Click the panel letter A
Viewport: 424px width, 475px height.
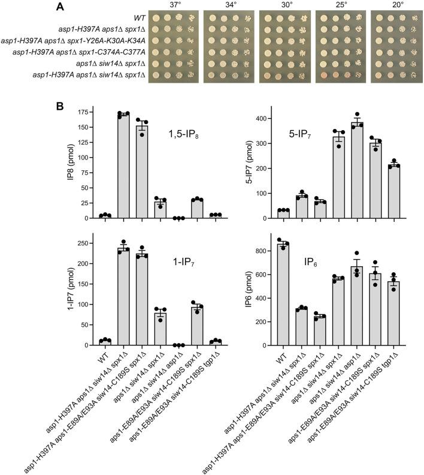click(60, 7)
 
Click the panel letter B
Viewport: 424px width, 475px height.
click(60, 106)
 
